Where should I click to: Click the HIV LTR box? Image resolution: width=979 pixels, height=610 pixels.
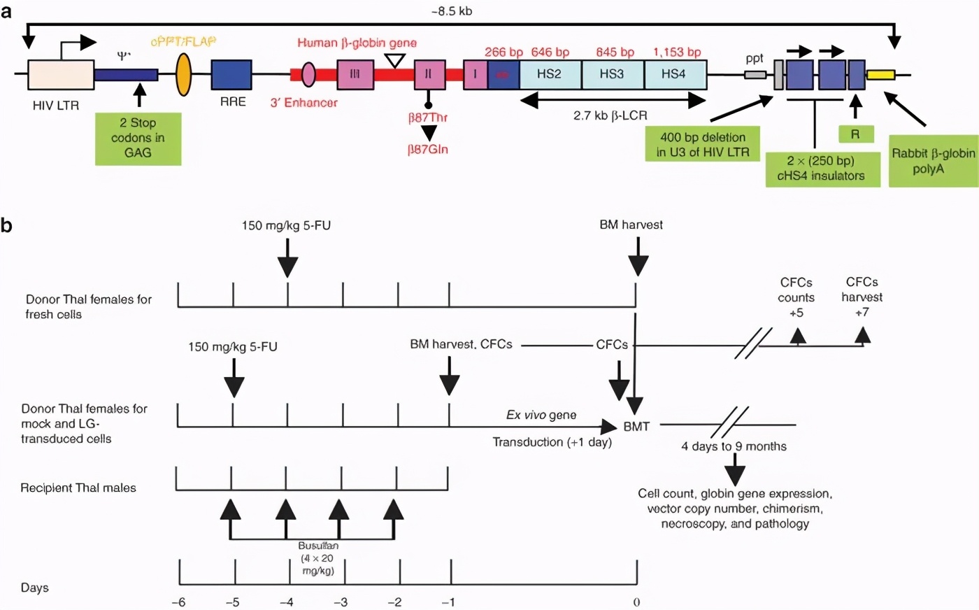[x=61, y=74]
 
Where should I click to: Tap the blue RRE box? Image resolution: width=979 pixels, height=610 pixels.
[x=231, y=74]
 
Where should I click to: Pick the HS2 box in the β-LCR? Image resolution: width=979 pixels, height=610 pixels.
[x=550, y=74]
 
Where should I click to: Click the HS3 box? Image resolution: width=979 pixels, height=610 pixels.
[x=612, y=74]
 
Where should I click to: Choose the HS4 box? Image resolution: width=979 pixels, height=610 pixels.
[x=674, y=74]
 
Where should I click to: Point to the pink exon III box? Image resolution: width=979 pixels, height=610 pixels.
[x=355, y=74]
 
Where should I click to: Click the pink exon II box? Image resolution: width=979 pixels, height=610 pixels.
[x=429, y=74]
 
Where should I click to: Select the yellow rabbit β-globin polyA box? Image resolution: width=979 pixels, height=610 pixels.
[x=880, y=74]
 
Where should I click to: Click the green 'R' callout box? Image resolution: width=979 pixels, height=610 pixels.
[x=855, y=134]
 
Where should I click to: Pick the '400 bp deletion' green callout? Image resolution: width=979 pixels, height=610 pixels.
[x=703, y=145]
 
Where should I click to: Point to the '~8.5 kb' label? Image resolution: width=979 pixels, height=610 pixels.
[x=451, y=11]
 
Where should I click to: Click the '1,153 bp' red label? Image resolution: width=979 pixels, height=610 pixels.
[x=677, y=52]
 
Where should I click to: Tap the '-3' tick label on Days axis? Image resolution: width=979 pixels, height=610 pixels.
[x=341, y=602]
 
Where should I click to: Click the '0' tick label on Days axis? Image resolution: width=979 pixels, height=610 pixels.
[x=636, y=602]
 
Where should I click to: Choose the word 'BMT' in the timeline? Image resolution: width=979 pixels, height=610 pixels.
[x=636, y=427]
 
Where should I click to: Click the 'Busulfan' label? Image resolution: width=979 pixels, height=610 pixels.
[x=318, y=546]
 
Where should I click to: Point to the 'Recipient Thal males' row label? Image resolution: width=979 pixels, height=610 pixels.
[x=78, y=488]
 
